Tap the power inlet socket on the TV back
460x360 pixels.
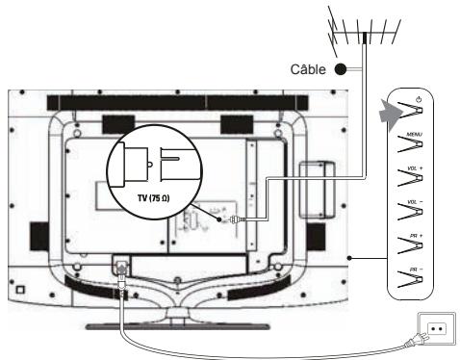pyautogui.click(x=124, y=263)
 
